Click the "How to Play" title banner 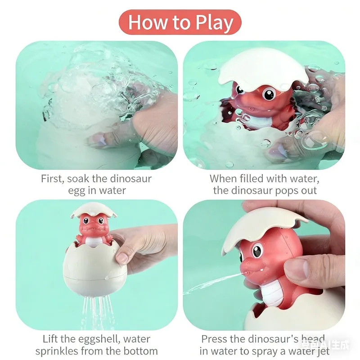click(180, 22)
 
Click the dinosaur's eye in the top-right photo click(269, 94)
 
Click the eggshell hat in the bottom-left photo click(90, 210)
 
